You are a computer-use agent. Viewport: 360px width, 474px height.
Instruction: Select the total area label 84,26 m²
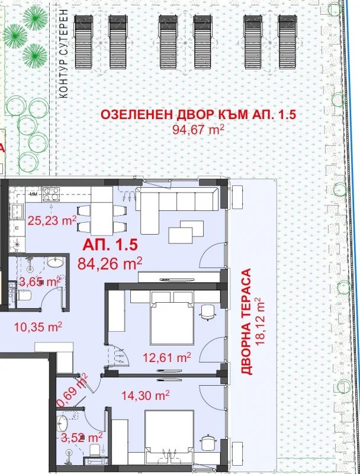tap(110, 262)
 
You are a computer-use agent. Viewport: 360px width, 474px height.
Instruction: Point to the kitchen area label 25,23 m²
tap(53, 222)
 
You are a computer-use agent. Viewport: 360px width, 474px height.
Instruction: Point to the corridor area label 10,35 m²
tap(37, 326)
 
